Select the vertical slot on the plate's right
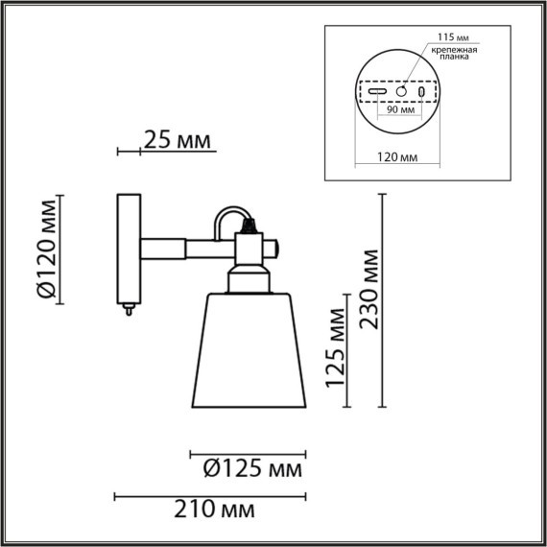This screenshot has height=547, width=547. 423,90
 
